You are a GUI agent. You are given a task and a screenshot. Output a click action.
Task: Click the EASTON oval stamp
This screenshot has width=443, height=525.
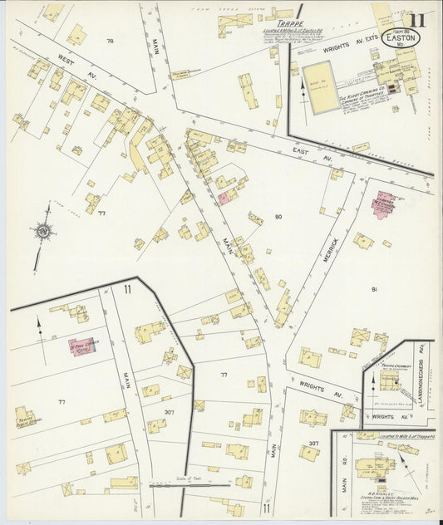(x=413, y=37)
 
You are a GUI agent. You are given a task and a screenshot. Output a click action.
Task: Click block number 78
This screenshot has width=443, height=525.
(x=110, y=40)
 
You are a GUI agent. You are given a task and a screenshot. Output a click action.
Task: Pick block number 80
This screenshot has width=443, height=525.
(x=278, y=217)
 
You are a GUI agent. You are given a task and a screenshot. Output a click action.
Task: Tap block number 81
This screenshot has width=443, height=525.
(x=374, y=289)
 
